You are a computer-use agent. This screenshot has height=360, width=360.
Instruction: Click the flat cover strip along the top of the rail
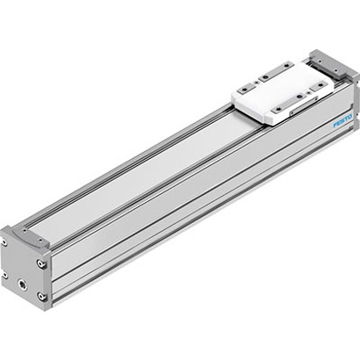140,167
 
